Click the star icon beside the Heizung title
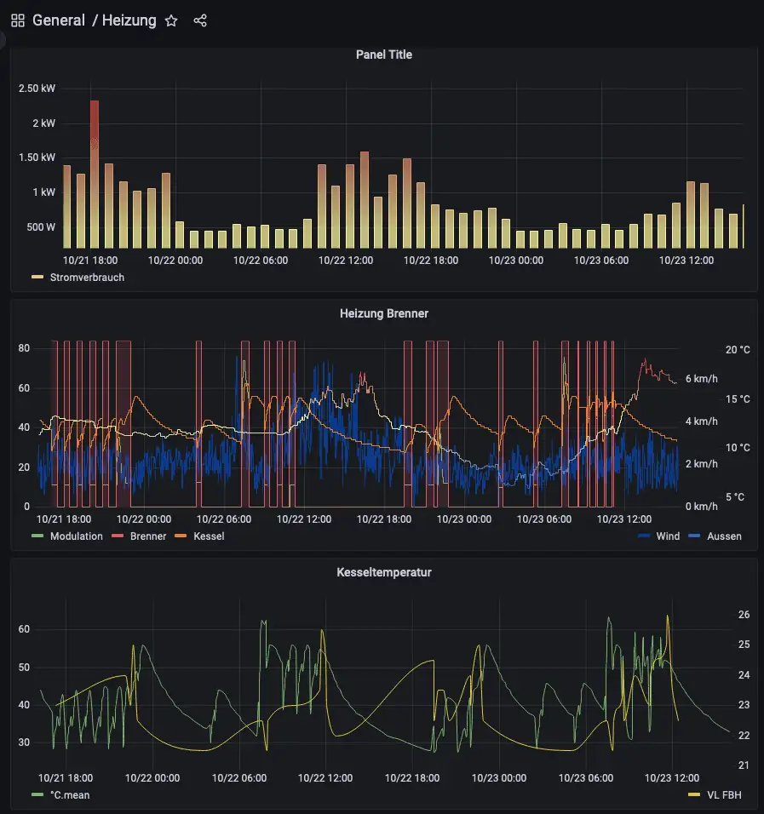click(x=171, y=20)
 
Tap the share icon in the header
click(x=200, y=20)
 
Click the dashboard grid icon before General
click(x=18, y=20)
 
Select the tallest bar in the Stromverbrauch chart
click(x=95, y=170)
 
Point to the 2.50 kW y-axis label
click(x=37, y=89)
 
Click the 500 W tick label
click(x=40, y=227)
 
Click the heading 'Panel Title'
click(x=383, y=54)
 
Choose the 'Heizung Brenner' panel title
click(x=383, y=313)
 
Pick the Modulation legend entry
click(x=76, y=536)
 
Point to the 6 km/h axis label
click(x=701, y=379)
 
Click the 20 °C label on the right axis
click(x=714, y=350)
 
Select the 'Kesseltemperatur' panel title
click(x=383, y=572)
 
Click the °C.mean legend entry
click(x=69, y=795)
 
